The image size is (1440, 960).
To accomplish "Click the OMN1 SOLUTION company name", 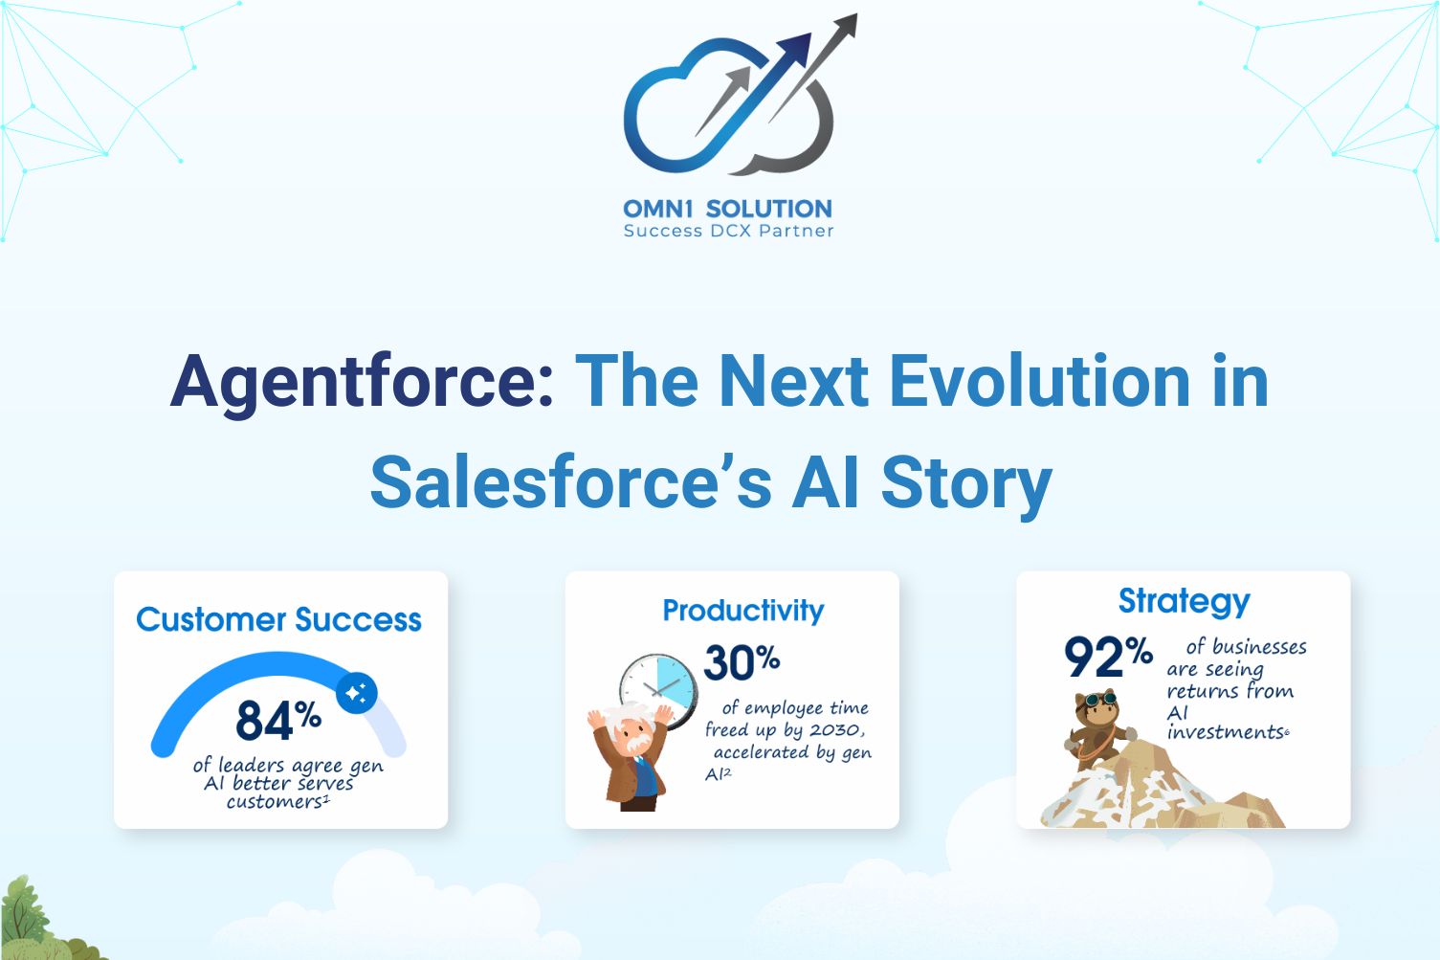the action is click(x=728, y=209).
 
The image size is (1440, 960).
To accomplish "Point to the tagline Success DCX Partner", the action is click(x=728, y=231).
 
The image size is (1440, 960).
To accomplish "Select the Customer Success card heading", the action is click(x=279, y=620).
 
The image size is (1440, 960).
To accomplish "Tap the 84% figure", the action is click(x=278, y=720).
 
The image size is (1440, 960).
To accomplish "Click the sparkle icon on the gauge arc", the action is click(x=357, y=693).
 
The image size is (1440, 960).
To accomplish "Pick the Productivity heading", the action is click(x=743, y=611).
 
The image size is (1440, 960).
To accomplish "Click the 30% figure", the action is click(x=742, y=661).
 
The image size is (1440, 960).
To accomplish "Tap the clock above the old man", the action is click(x=658, y=691).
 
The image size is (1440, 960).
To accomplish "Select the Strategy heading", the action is click(x=1185, y=601).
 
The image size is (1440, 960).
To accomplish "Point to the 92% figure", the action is click(x=1108, y=657).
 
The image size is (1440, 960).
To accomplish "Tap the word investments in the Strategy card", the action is click(x=1226, y=732).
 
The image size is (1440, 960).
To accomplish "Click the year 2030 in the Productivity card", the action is click(x=835, y=729).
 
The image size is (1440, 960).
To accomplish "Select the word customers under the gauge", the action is click(x=275, y=801).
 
